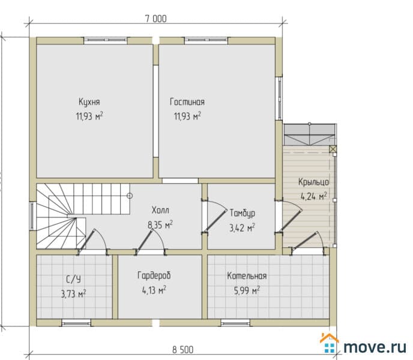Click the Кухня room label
pos(89,102)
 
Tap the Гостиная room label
pos(187,102)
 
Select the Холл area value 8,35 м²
pos(160,225)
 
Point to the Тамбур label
pos(243,213)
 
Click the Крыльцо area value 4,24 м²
pos(314,196)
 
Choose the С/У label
pos(73,279)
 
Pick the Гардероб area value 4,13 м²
pos(154,290)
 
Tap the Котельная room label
pos(247,276)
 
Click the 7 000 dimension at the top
pos(155,19)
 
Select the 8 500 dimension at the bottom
pos(183,350)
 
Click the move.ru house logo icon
pos(329,343)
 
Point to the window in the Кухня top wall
pos(106,40)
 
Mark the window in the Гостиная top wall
pos(206,40)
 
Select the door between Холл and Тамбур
pos(214,217)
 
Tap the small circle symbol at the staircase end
pos(130,196)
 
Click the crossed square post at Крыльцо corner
pos(333,149)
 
